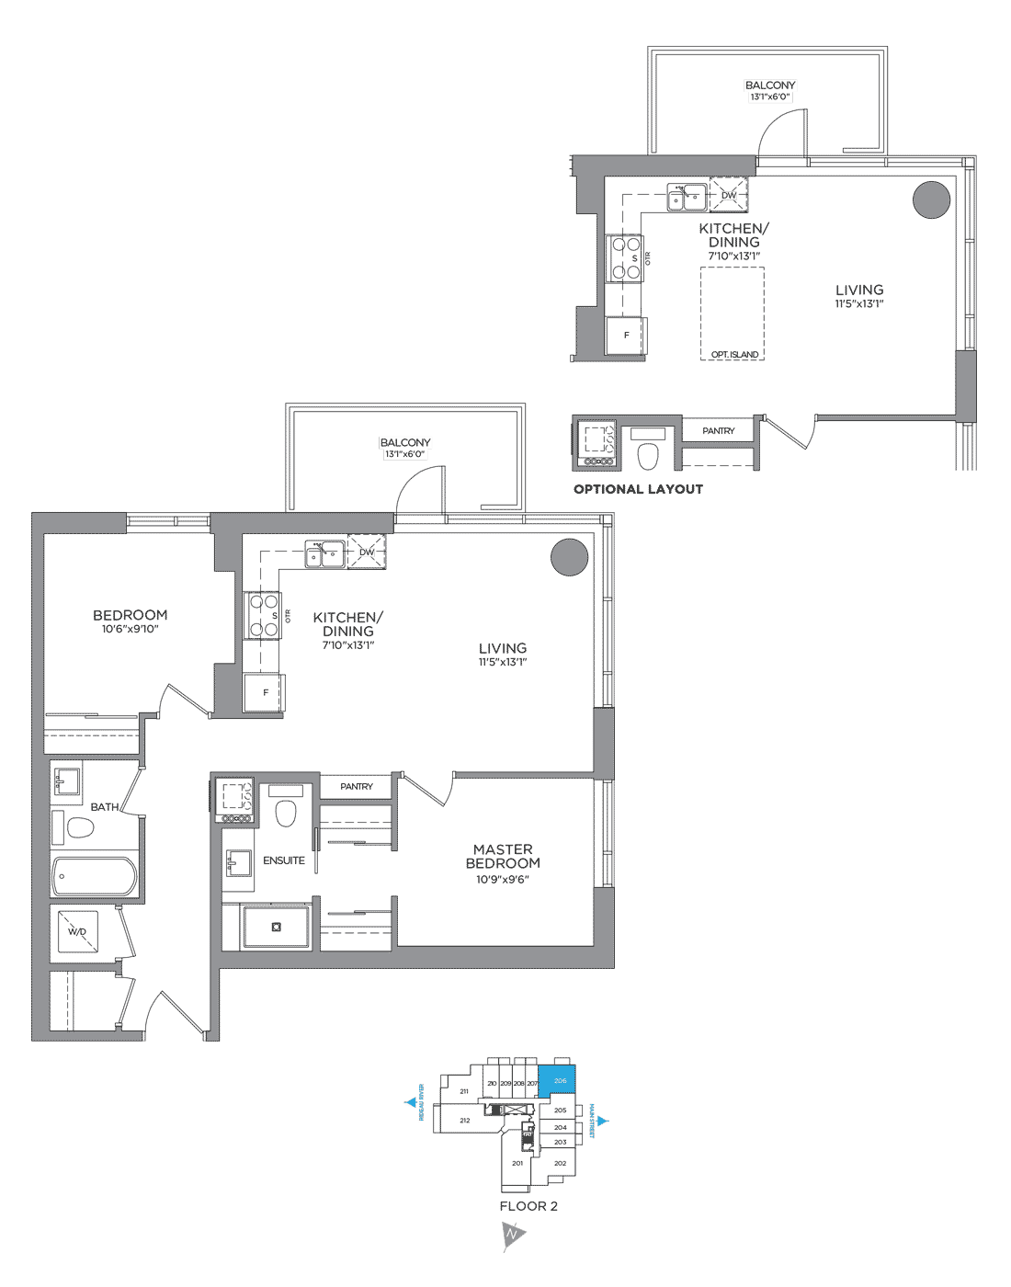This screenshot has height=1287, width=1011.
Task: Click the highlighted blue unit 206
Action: pyautogui.click(x=558, y=1079)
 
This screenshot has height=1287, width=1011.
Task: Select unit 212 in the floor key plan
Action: pyautogui.click(x=465, y=1120)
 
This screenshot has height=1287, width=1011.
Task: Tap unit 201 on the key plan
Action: pyautogui.click(x=517, y=1163)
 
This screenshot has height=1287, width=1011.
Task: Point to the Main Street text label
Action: pyautogui.click(x=594, y=1121)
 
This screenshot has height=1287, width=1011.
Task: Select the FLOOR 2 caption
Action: pyautogui.click(x=528, y=1206)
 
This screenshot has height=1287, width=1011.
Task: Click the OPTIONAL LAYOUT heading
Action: pyautogui.click(x=638, y=489)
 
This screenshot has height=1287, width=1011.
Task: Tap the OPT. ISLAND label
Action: pyautogui.click(x=734, y=354)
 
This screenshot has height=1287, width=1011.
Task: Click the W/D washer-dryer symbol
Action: pyautogui.click(x=77, y=932)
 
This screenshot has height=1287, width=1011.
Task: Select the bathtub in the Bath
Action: pyautogui.click(x=95, y=876)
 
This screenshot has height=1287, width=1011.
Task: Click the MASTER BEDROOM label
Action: pyautogui.click(x=503, y=856)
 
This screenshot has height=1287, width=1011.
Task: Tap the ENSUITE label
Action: pyautogui.click(x=284, y=860)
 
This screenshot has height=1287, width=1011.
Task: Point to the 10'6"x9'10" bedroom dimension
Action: pyautogui.click(x=130, y=630)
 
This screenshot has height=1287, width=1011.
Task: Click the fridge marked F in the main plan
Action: pyautogui.click(x=265, y=692)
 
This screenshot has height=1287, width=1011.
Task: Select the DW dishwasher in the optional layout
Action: pyautogui.click(x=729, y=195)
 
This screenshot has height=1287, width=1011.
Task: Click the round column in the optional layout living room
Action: pyautogui.click(x=930, y=199)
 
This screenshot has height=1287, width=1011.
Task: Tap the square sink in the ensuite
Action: pyautogui.click(x=238, y=863)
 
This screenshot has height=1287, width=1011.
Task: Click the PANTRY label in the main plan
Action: pyautogui.click(x=357, y=787)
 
